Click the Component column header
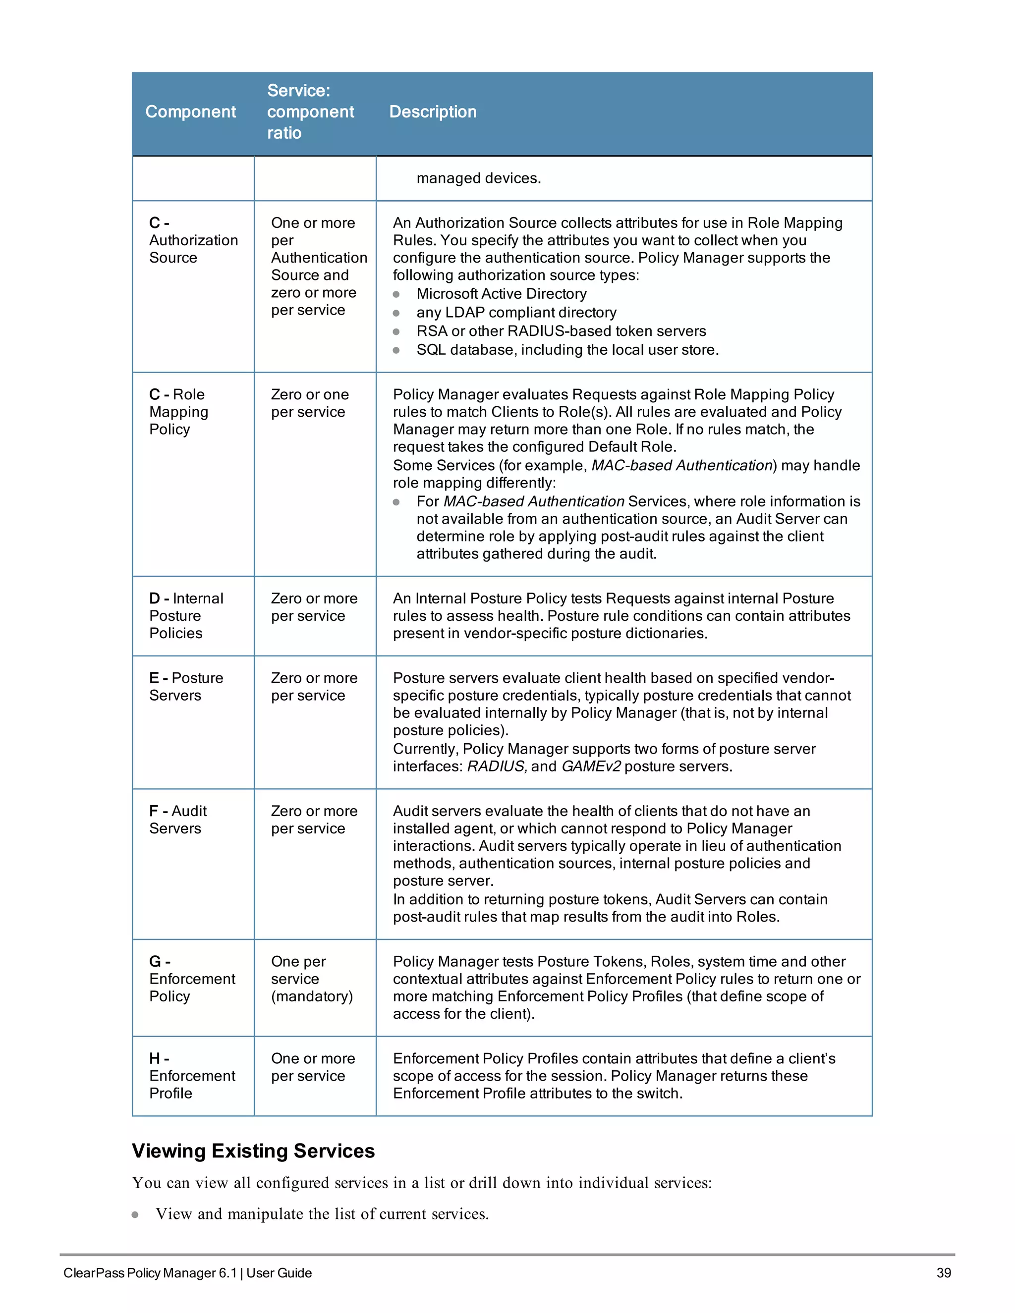[x=191, y=112]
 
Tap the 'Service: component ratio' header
[x=310, y=112]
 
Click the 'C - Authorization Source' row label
[x=193, y=240]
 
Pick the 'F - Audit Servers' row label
[x=178, y=820]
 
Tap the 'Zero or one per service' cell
[x=309, y=403]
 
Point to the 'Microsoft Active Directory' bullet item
[x=501, y=294]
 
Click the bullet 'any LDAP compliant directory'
[x=516, y=313]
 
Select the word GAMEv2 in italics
[x=590, y=766]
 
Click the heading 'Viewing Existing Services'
[x=253, y=1150]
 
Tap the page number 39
[x=944, y=1273]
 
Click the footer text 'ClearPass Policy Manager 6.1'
[x=150, y=1273]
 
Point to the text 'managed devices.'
[x=479, y=178]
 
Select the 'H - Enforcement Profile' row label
[x=192, y=1076]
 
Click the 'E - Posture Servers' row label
[x=186, y=687]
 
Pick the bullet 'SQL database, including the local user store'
[x=567, y=350]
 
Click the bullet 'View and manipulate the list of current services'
[x=322, y=1214]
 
